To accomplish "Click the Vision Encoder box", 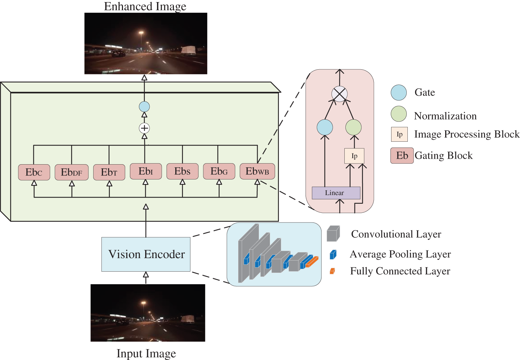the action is point(146,254).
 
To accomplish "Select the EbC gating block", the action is point(34,172).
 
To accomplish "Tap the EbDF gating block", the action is point(71,172).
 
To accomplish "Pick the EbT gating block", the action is point(109,172).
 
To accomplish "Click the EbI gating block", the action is point(146,171).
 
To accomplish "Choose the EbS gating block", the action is point(183,171).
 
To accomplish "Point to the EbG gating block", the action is point(219,171).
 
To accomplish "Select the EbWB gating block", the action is point(257,171).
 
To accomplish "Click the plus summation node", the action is point(144,128).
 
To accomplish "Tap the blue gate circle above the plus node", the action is point(144,107).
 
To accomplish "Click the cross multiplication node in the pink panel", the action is point(340,94).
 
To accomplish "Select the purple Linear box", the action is point(336,193).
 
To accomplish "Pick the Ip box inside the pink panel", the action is point(354,156).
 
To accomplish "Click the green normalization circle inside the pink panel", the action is point(353,127).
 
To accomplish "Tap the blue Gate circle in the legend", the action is point(399,93).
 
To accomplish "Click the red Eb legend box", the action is point(402,156).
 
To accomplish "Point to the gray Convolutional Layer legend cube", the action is point(333,234).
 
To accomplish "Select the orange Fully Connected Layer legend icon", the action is point(333,271).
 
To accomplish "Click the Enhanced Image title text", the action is point(145,6).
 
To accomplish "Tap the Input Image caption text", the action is point(146,354).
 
